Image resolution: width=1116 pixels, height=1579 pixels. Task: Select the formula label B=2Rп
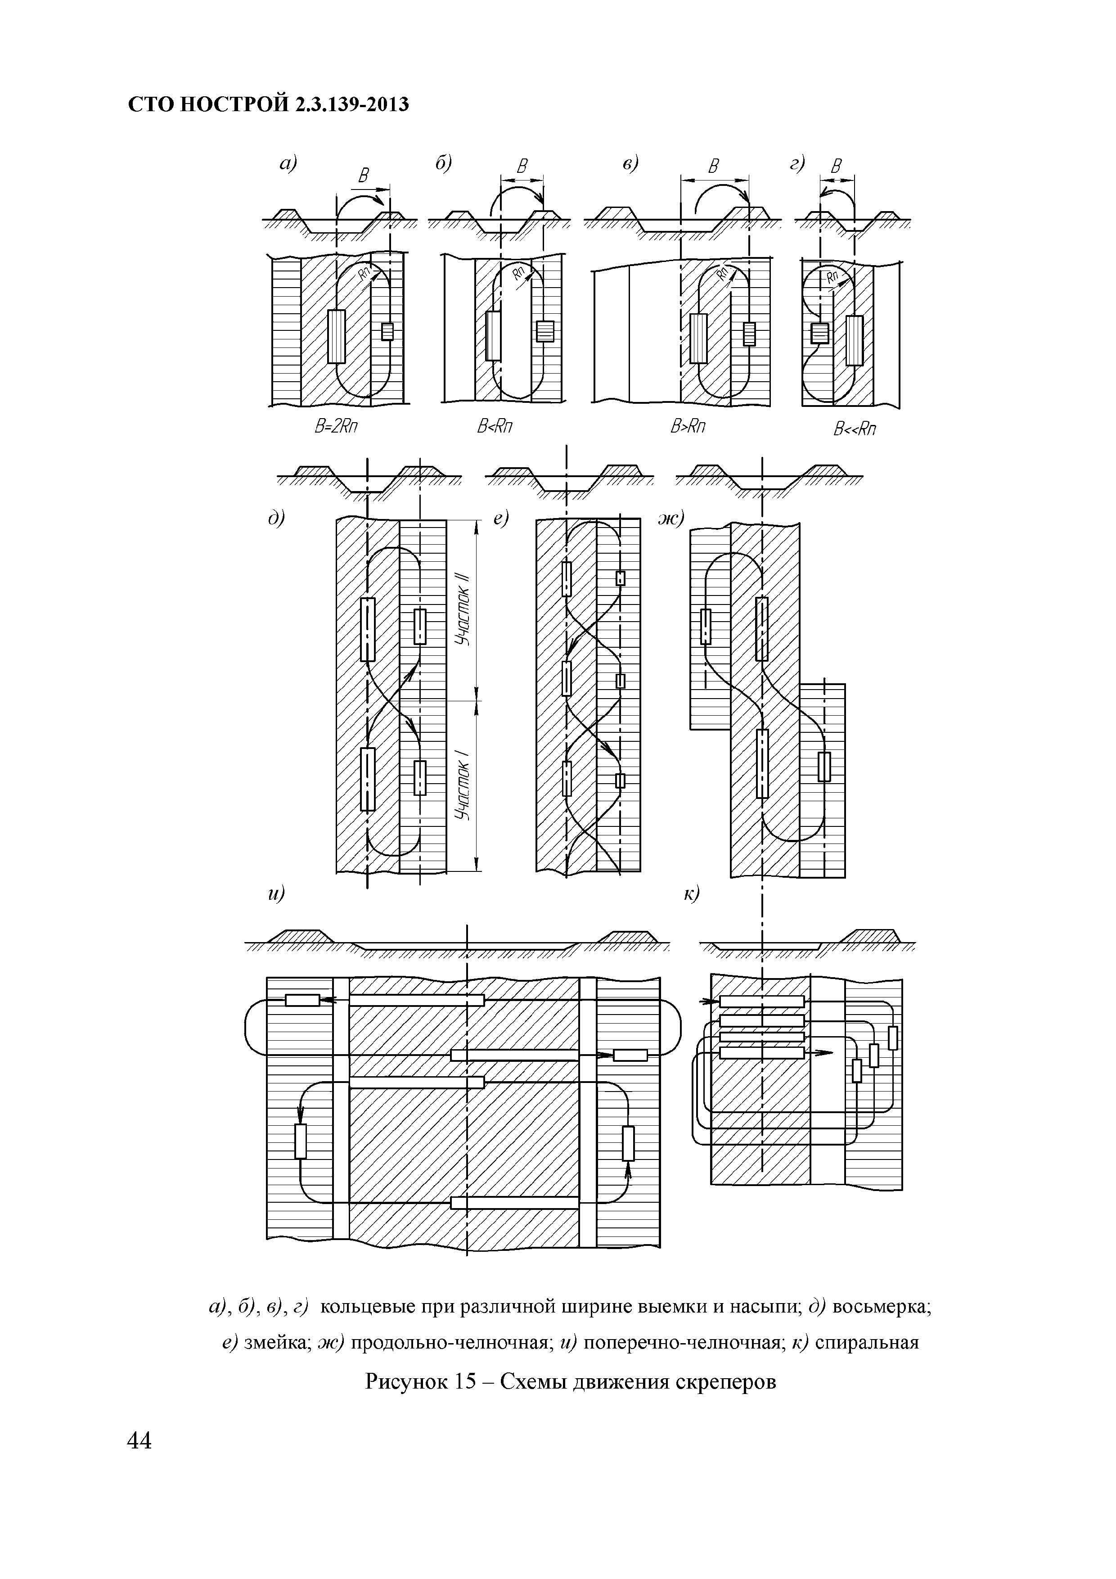tap(337, 427)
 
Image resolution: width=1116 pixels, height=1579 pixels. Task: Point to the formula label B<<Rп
tap(855, 430)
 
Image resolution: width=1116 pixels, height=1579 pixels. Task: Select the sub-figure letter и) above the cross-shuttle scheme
tap(276, 894)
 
